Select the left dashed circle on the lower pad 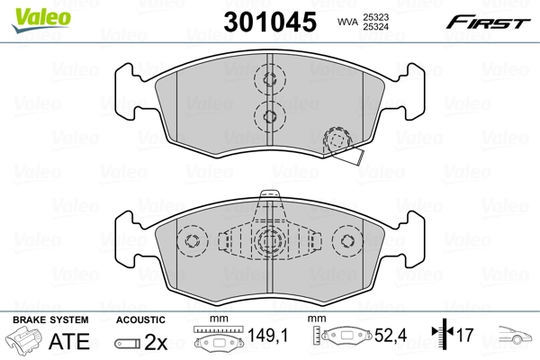pyautogui.click(x=192, y=241)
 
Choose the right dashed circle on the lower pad pyautogui.click(x=346, y=241)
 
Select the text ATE pyautogui.click(x=68, y=342)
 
